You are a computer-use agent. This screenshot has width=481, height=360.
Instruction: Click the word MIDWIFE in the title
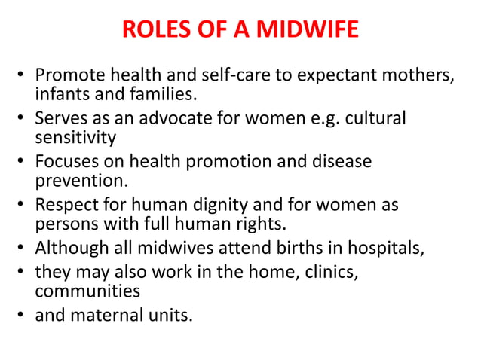(x=308, y=31)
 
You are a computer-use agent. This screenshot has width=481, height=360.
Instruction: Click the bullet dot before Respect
(x=23, y=206)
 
